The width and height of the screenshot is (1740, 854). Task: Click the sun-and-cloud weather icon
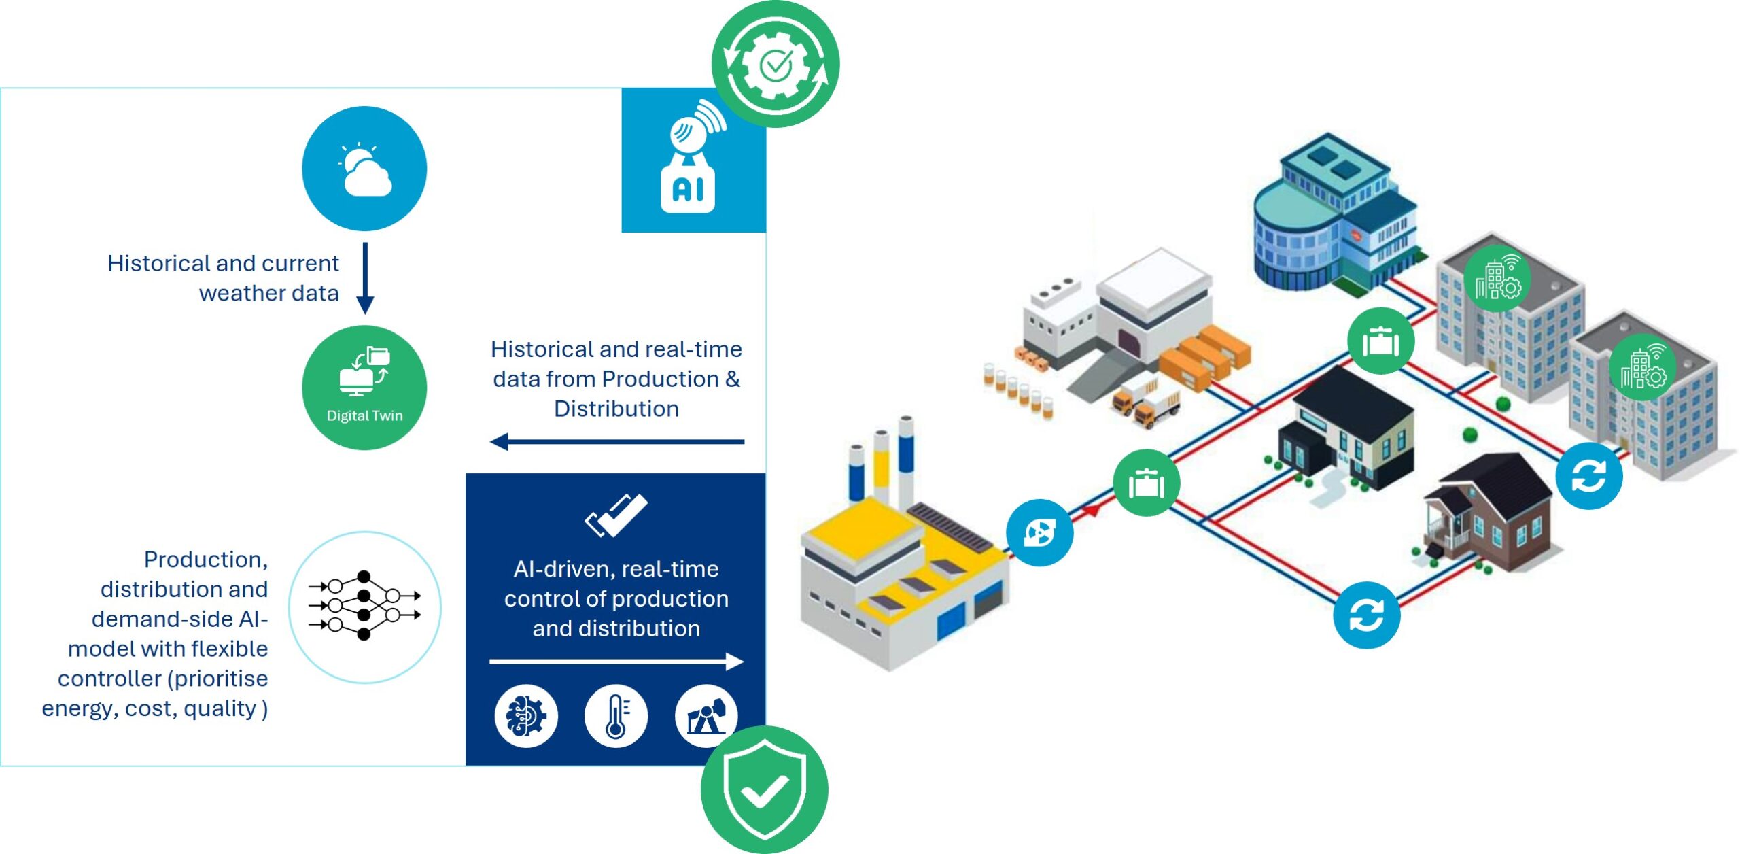pos(364,169)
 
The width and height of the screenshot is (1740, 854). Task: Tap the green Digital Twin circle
pos(364,388)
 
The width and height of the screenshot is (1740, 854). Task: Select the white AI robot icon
pos(690,163)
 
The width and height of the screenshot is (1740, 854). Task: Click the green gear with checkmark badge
pos(776,64)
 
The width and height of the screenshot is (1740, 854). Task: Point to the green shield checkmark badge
pos(765,789)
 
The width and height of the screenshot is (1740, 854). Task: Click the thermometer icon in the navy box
pos(616,716)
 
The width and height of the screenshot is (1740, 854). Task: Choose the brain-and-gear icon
pos(526,716)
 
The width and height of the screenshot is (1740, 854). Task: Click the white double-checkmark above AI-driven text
pos(616,515)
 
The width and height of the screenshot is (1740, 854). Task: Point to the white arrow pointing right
pos(616,661)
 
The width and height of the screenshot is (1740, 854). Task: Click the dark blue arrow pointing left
pos(616,442)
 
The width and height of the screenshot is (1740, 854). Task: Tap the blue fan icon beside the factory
pos(1039,532)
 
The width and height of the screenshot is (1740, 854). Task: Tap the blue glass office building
pos(1332,218)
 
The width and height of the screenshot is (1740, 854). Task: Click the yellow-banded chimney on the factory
pos(881,462)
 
